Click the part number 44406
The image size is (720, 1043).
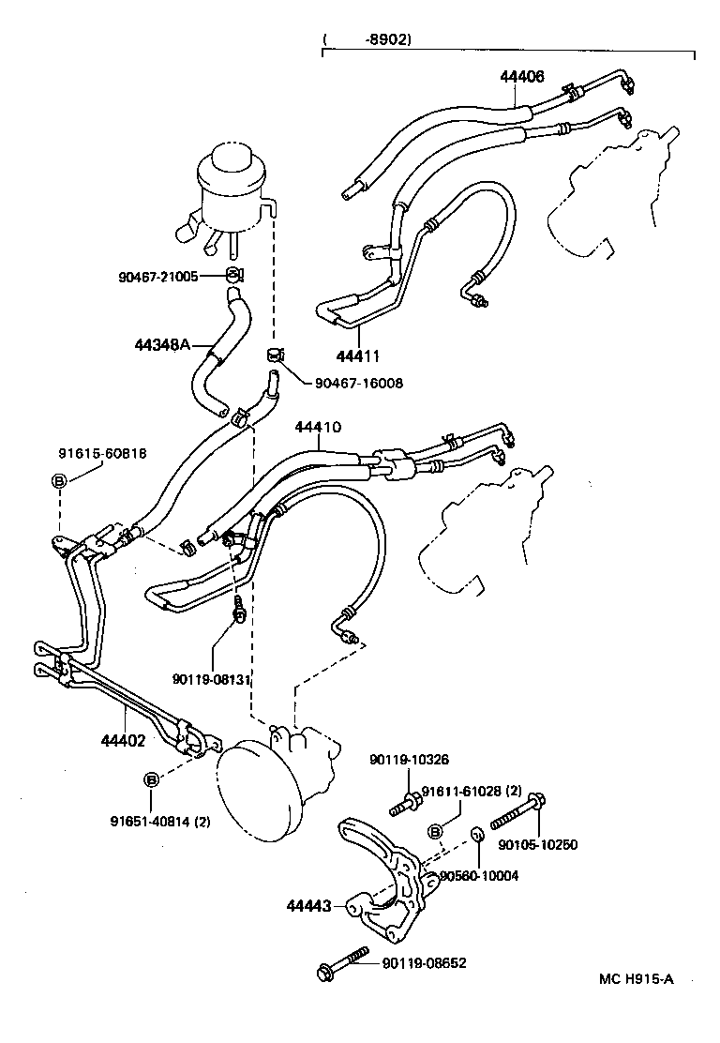pyautogui.click(x=521, y=77)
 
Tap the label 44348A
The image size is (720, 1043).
pyautogui.click(x=163, y=345)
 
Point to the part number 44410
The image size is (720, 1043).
pyautogui.click(x=317, y=427)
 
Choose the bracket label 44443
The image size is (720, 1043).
pyautogui.click(x=308, y=907)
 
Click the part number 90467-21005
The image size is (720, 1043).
pyautogui.click(x=158, y=277)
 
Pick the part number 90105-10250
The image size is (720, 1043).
pyautogui.click(x=537, y=844)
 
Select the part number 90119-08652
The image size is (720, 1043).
pyautogui.click(x=423, y=962)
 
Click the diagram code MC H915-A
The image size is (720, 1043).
pyautogui.click(x=637, y=979)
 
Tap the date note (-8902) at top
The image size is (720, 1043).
pyautogui.click(x=367, y=39)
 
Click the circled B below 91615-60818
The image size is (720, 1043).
pyautogui.click(x=58, y=481)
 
